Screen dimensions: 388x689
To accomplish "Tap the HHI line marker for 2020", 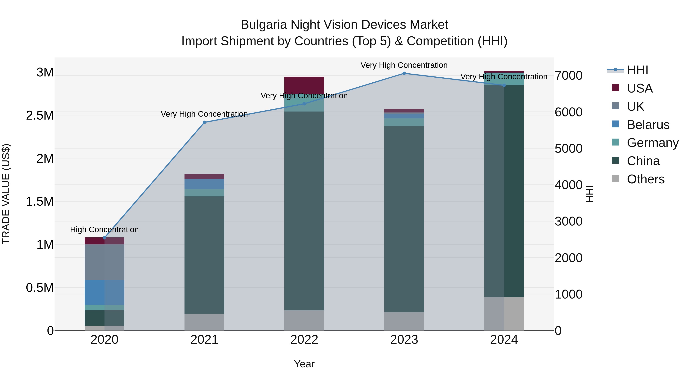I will coord(104,238).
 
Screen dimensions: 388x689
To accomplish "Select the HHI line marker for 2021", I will coord(204,122).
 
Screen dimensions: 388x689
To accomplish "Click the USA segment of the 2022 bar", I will coord(304,85).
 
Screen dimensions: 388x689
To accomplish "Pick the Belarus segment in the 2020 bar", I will coord(104,292).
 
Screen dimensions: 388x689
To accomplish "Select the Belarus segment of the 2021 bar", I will coord(204,184).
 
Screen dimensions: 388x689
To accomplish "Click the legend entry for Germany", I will coord(652,143).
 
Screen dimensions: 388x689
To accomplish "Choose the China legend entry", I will coord(643,161).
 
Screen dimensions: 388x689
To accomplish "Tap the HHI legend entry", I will coord(637,70).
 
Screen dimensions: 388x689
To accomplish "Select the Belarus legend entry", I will coord(648,125).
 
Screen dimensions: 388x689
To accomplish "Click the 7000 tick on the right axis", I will coord(568,76).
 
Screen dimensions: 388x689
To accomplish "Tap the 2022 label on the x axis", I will coord(304,340).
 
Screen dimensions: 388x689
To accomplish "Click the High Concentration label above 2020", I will coord(104,230).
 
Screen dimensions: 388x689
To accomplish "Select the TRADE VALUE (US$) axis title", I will coord(6,194).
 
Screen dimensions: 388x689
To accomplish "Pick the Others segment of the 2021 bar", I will coord(204,322).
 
